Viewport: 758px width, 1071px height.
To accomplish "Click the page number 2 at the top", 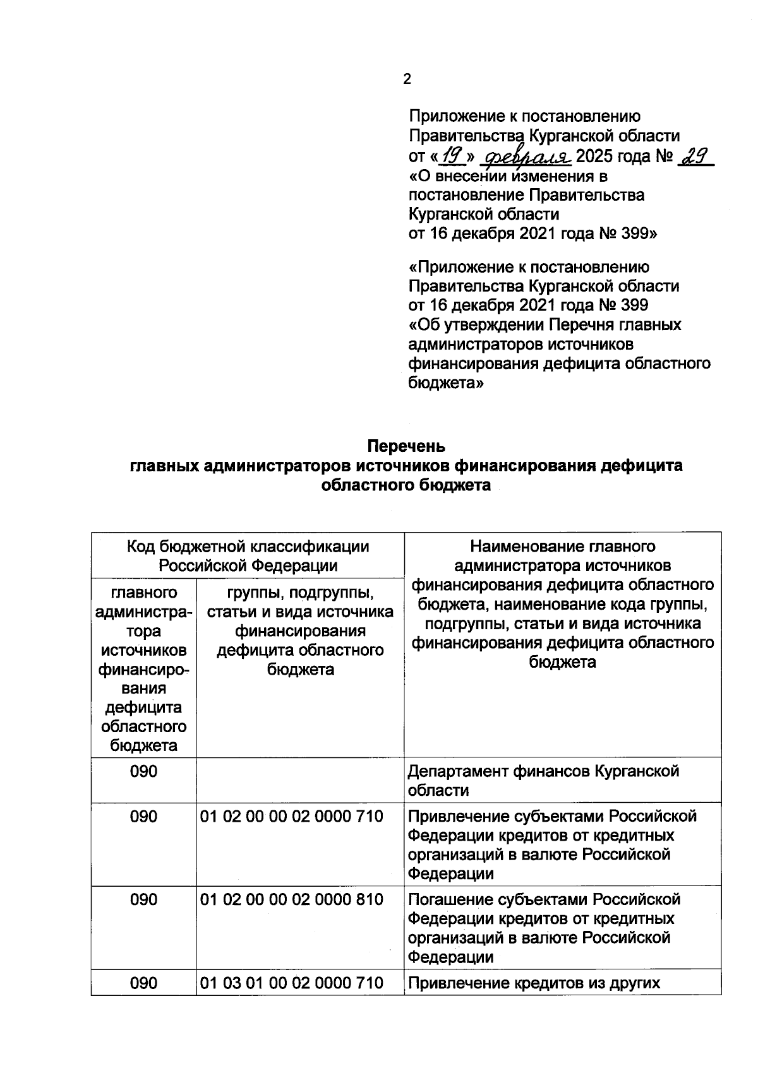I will coord(407,79).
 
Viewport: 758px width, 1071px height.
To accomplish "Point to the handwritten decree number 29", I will coord(694,155).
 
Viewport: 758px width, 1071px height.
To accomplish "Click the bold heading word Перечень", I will coord(406,446).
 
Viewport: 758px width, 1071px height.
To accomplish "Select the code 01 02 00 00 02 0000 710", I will coord(292,816).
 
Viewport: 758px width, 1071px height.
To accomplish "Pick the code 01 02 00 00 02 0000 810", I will coord(292,899).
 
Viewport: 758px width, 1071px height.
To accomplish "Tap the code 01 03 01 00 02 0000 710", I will coord(292,983).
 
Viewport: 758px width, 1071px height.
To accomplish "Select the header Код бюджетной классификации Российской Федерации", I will coord(248,555).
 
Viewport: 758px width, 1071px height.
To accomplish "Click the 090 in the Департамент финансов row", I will coord(143,771).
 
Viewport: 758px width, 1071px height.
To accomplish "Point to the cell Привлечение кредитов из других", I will coord(534,983).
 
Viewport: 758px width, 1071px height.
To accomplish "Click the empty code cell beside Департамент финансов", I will coord(299,780).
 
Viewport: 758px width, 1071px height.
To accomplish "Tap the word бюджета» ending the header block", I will coord(446,383).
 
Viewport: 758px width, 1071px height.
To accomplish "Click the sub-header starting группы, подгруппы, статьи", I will coord(300,631).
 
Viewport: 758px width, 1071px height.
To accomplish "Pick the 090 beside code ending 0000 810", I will coord(143,899).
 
